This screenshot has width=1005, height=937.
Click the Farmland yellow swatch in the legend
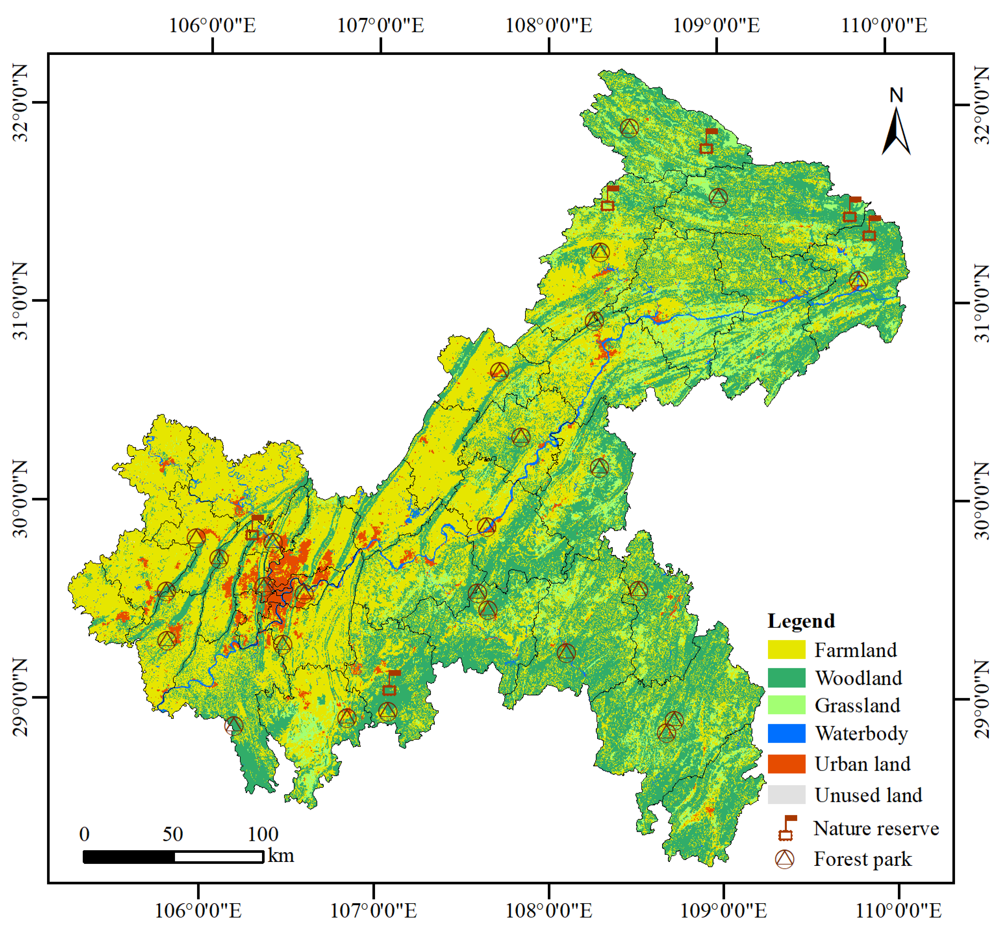pos(786,649)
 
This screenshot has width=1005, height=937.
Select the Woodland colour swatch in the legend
pos(786,677)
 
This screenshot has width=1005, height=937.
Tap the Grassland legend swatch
pos(786,705)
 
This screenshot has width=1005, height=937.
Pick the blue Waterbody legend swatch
pos(786,733)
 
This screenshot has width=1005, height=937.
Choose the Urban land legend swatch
pos(786,764)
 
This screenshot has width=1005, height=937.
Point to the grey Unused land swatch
pos(786,794)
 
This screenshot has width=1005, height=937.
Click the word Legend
pos(801,621)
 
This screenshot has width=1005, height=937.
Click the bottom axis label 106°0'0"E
pos(198,910)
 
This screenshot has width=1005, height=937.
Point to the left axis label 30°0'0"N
pos(21,499)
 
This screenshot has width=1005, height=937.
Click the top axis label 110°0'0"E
pos(884,25)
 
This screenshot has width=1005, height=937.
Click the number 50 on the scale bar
pos(172,834)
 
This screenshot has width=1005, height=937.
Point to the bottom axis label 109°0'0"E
pos(723,910)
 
